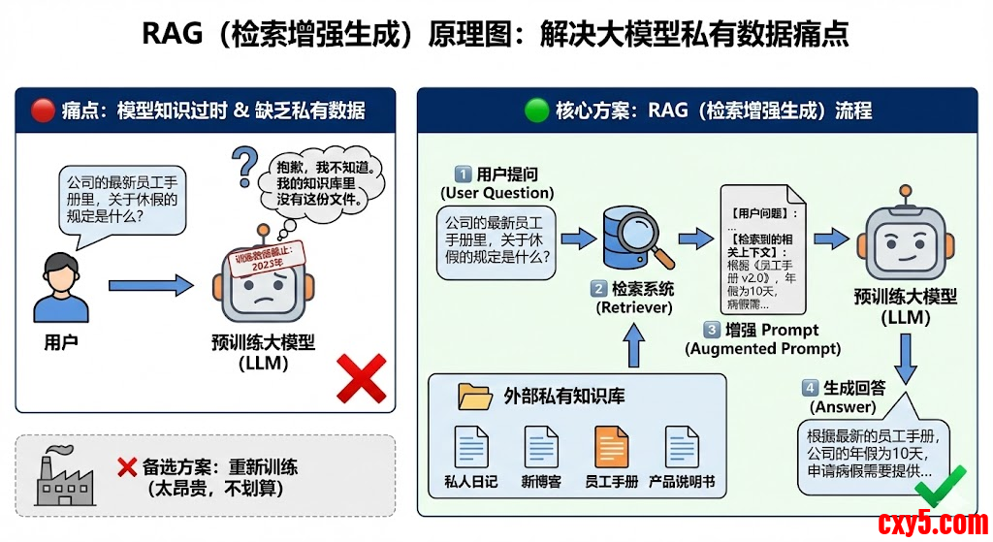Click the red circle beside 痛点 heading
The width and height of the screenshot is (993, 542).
(43, 110)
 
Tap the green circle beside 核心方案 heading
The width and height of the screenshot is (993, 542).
(536, 110)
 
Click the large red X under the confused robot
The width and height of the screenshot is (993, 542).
(361, 377)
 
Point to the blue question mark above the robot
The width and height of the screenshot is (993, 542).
(246, 166)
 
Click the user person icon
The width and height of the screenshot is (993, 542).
(61, 288)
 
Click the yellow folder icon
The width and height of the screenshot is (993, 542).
(475, 397)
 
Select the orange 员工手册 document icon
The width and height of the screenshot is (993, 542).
(611, 447)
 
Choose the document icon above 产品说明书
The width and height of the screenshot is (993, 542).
(681, 447)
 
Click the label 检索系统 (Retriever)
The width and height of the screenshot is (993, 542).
(633, 298)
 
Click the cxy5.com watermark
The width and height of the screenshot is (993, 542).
(932, 523)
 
